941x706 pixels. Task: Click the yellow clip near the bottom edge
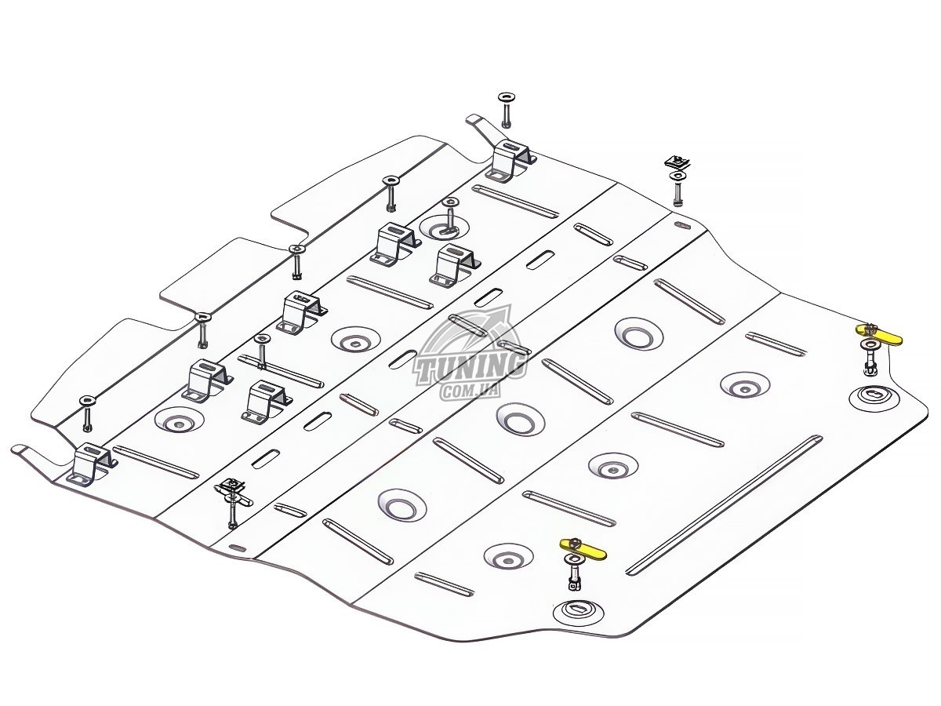pos(584,546)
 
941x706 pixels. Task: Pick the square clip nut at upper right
pos(676,163)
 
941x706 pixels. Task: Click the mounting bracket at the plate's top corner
pos(511,159)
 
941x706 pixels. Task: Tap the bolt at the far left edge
pos(87,412)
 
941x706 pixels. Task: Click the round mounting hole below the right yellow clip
pos(873,396)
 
